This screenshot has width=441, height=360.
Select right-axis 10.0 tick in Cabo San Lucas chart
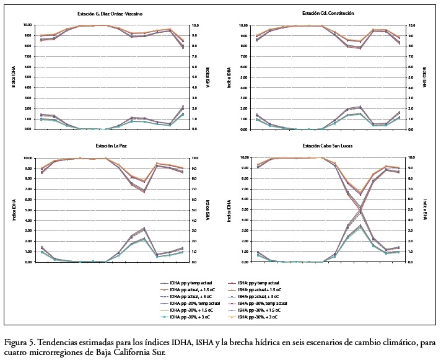[x=410, y=158]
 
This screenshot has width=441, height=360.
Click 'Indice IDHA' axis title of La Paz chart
[x=13, y=211]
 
